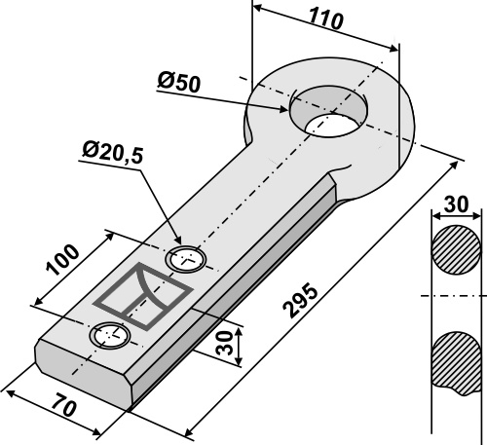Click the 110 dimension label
point(325,19)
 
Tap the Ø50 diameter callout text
point(178,83)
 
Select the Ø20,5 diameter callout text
point(113,152)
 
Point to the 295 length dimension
point(300,300)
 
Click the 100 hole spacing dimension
point(62,259)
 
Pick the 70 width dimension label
point(65,405)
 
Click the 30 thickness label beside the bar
point(225,343)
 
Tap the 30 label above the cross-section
point(456,204)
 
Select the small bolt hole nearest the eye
point(186,260)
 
